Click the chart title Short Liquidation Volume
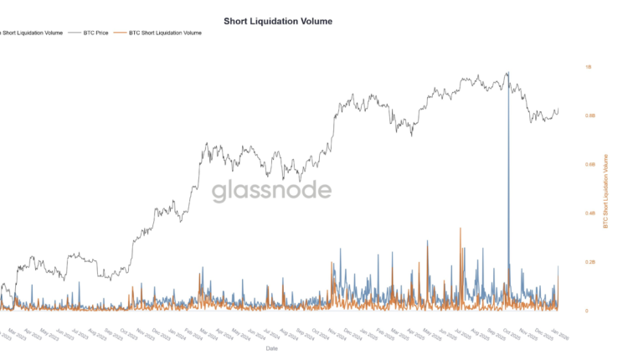(278, 20)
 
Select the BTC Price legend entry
(97, 33)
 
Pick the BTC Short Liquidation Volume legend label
(166, 33)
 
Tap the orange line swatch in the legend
(121, 33)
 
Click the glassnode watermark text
(270, 191)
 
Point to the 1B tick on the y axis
(589, 67)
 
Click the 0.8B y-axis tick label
(590, 116)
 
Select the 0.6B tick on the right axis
(590, 165)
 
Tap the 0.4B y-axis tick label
(590, 213)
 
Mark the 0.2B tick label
(590, 262)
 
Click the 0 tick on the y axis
(586, 311)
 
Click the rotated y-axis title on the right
(606, 189)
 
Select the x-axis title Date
(272, 347)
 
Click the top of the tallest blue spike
(507, 74)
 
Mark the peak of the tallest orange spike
(460, 228)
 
